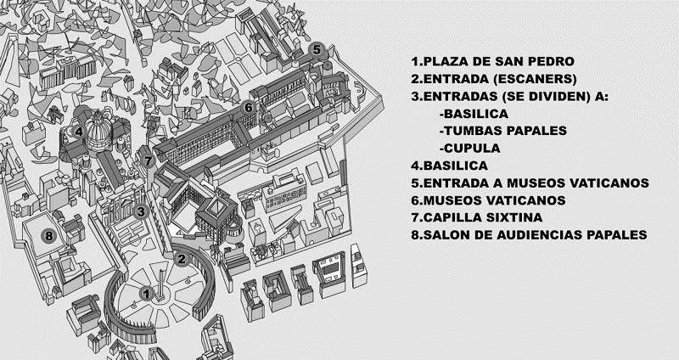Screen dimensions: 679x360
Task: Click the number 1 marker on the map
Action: pyautogui.click(x=146, y=294)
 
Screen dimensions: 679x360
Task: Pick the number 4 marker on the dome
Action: pyautogui.click(x=78, y=132)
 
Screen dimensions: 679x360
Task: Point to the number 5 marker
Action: pyautogui.click(x=317, y=49)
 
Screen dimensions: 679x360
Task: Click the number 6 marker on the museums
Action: pyautogui.click(x=248, y=108)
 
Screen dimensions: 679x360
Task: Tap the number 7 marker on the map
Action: pyautogui.click(x=148, y=160)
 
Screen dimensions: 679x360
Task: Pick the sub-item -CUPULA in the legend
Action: pyautogui.click(x=469, y=149)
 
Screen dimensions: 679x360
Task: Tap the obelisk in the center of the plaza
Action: pyautogui.click(x=161, y=282)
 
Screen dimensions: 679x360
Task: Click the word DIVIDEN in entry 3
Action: pyautogui.click(x=559, y=96)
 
